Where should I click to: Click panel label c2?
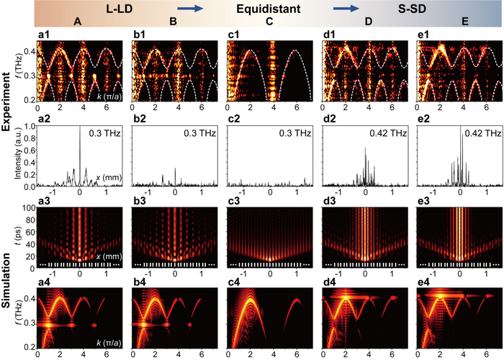tap(233, 118)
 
